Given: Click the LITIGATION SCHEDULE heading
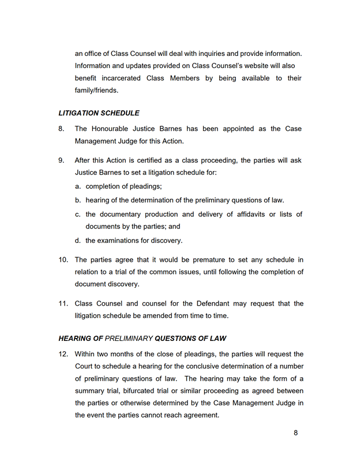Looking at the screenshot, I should [99, 113].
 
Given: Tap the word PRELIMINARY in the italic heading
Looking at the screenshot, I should [129, 338].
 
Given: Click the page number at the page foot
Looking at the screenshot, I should [296, 433].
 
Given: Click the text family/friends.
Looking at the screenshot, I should [96, 91].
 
